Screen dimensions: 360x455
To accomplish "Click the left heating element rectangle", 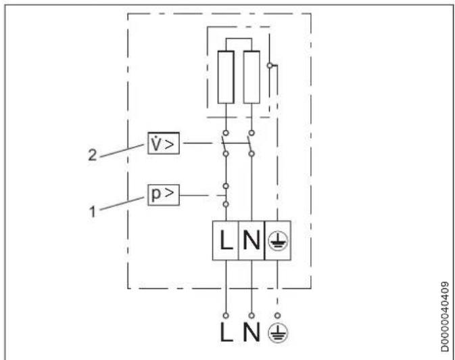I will (x=224, y=76).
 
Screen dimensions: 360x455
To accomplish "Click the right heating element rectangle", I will (x=251, y=76).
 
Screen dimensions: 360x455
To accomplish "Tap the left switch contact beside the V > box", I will (x=222, y=143).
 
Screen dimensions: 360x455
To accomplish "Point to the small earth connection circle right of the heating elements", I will (x=270, y=66).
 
